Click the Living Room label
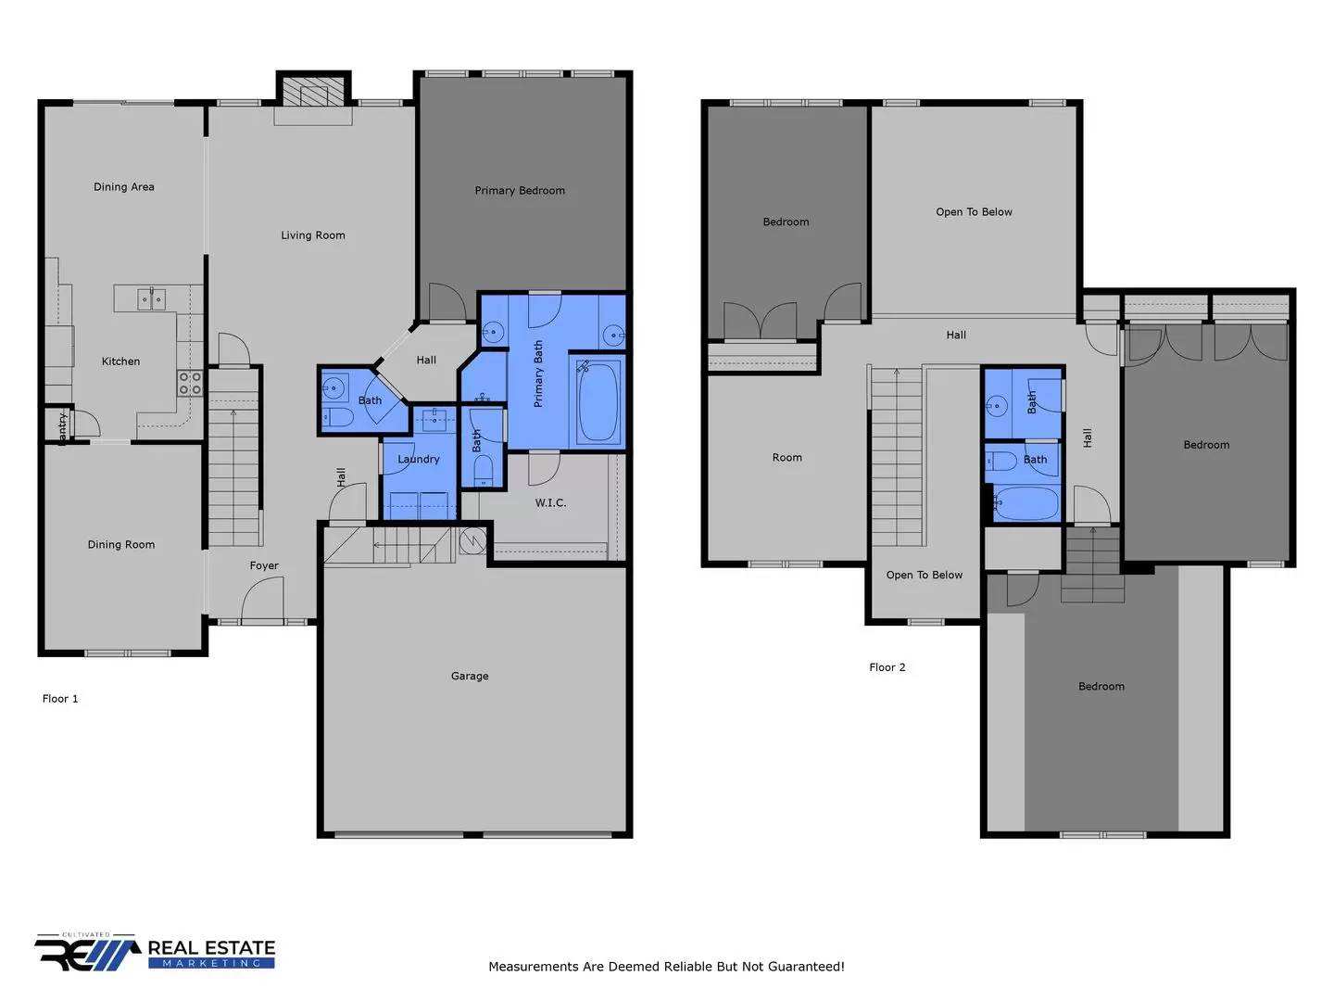click(312, 235)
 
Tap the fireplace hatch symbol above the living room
click(314, 93)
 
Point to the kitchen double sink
click(151, 299)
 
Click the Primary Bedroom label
click(520, 191)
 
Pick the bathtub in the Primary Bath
click(598, 401)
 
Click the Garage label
click(469, 676)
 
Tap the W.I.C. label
click(550, 502)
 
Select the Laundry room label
click(418, 459)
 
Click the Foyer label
click(264, 565)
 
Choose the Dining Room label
click(121, 545)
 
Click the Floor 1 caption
click(59, 698)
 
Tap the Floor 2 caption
click(887, 666)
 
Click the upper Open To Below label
click(974, 211)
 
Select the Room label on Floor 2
click(787, 457)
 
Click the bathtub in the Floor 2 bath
click(1026, 502)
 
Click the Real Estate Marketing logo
click(155, 953)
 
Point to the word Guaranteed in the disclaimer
click(806, 966)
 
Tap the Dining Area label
click(123, 186)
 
